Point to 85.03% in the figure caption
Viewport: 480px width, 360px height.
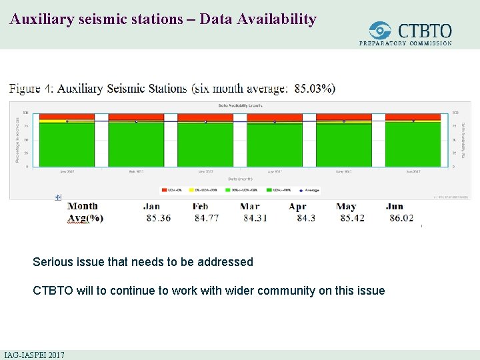pyautogui.click(x=315, y=89)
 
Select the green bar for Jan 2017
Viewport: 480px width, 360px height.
pyautogui.click(x=67, y=145)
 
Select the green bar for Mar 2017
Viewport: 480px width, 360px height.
pyautogui.click(x=205, y=145)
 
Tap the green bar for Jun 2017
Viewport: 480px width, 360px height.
pyautogui.click(x=413, y=145)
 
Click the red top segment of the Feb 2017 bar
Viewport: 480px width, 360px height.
pyautogui.click(x=136, y=117)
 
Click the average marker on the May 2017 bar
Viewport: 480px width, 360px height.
pyautogui.click(x=344, y=121)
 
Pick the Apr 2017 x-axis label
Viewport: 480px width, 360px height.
pyautogui.click(x=274, y=171)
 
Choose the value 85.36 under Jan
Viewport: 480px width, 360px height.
pyautogui.click(x=158, y=219)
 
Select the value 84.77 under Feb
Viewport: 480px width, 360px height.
pyautogui.click(x=209, y=219)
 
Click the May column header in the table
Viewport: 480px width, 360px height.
pyautogui.click(x=346, y=207)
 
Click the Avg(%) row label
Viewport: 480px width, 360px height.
pyautogui.click(x=85, y=219)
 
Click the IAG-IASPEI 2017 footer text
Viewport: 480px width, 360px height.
pyautogui.click(x=34, y=355)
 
